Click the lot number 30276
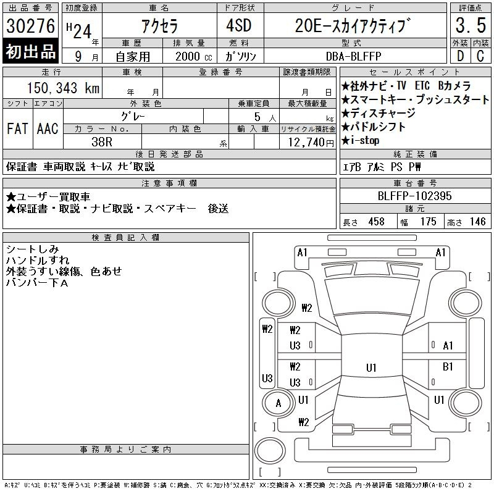tap(30, 25)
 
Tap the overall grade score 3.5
tap(471, 25)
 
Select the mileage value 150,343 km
tap(63, 88)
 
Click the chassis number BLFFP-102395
tap(414, 196)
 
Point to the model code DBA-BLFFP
tap(353, 56)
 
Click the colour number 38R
tap(102, 142)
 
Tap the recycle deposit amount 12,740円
tap(311, 143)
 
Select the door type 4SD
tap(239, 25)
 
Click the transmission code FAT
tap(17, 128)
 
